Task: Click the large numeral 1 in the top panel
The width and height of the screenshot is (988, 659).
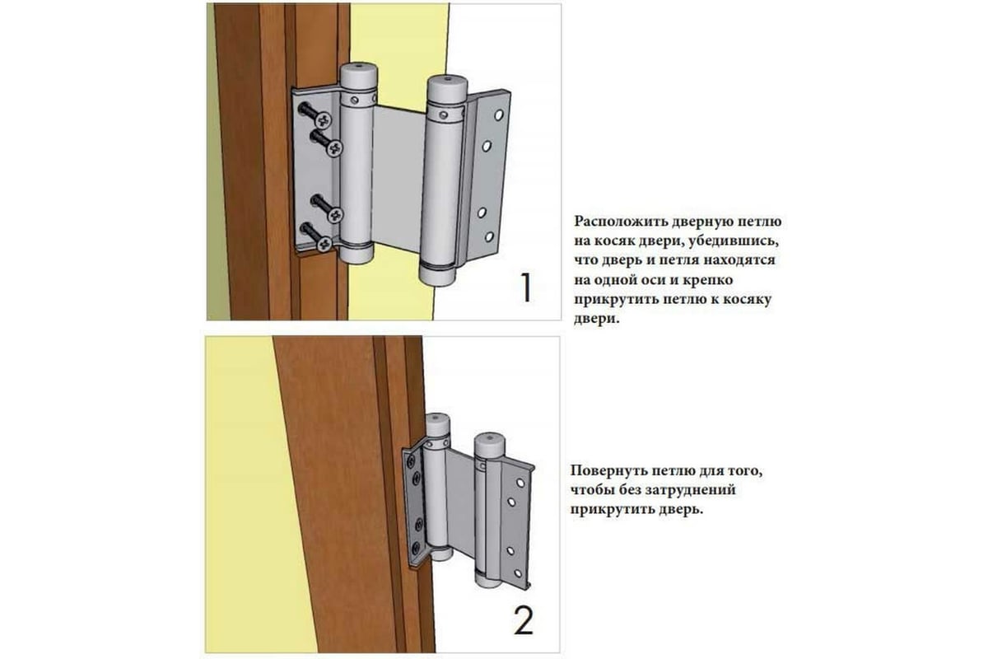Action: pyautogui.click(x=526, y=287)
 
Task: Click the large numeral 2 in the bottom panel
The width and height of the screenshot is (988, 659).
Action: pyautogui.click(x=524, y=621)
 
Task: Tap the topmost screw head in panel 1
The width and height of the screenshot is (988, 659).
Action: pyautogui.click(x=324, y=119)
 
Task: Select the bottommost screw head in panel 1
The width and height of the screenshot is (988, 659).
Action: pyautogui.click(x=324, y=243)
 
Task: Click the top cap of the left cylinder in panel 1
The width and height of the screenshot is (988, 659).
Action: pyautogui.click(x=359, y=76)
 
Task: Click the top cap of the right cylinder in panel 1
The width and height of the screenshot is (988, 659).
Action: pyautogui.click(x=448, y=88)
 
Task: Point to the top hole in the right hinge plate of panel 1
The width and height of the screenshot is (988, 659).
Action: pyautogui.click(x=499, y=115)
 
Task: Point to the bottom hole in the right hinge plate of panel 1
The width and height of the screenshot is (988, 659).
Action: pyautogui.click(x=489, y=237)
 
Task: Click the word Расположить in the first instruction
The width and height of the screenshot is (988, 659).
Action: pyautogui.click(x=620, y=222)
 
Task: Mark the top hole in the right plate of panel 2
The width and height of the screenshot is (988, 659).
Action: pyautogui.click(x=520, y=483)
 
